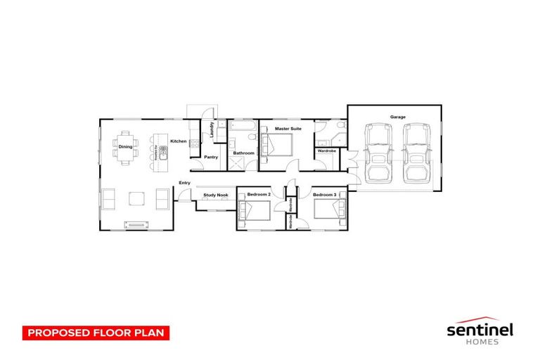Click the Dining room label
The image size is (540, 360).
click(x=125, y=146)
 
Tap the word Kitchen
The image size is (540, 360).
click(x=178, y=141)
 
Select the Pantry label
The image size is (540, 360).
click(x=211, y=157)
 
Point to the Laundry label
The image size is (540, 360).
click(x=211, y=131)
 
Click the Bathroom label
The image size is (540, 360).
click(x=243, y=153)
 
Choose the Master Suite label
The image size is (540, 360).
click(x=288, y=129)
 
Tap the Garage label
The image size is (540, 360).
click(x=398, y=117)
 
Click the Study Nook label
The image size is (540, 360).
click(x=216, y=195)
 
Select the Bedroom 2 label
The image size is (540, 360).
click(x=259, y=194)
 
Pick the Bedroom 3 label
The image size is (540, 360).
click(x=325, y=194)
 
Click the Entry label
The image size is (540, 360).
click(x=184, y=183)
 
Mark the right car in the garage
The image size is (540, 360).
click(x=416, y=151)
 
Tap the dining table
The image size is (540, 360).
click(x=125, y=148)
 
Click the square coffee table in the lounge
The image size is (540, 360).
click(x=136, y=199)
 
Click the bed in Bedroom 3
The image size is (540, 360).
click(x=330, y=210)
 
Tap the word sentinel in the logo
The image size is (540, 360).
click(x=481, y=328)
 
